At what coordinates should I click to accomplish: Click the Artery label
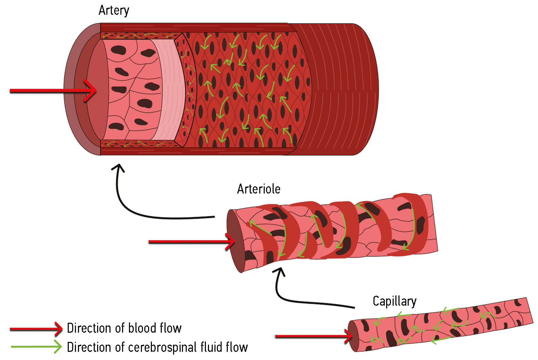114,10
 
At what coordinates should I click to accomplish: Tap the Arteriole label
259,189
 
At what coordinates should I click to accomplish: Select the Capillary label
394,301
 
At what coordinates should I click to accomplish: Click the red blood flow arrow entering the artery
51,91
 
